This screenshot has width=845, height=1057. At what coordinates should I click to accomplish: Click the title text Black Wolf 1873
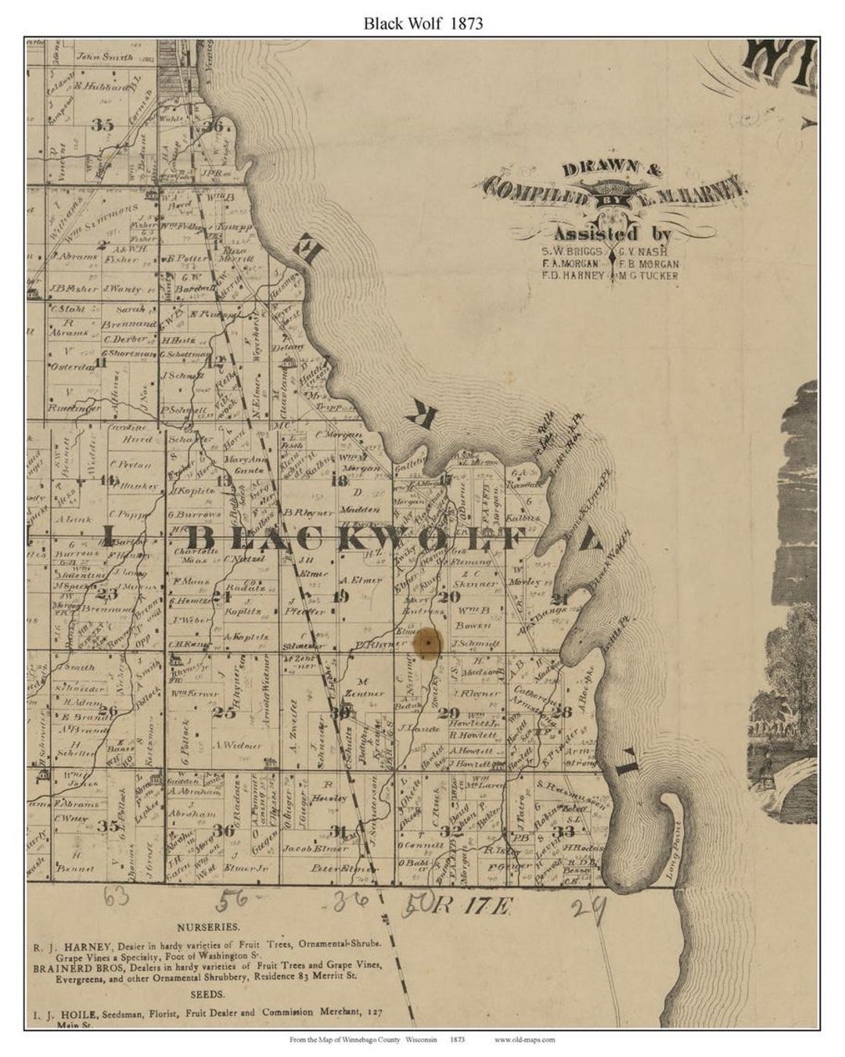tap(422, 23)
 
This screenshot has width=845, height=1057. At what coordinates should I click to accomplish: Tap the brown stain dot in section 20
tap(428, 643)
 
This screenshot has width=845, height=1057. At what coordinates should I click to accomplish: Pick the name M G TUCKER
tap(649, 275)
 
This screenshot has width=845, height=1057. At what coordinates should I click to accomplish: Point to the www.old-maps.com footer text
tap(524, 1040)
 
